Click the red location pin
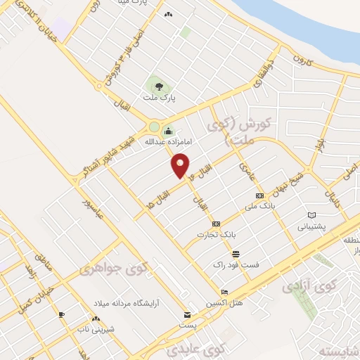(181, 166)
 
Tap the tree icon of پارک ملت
(159, 87)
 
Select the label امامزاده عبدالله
(168, 141)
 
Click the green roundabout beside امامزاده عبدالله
(153, 127)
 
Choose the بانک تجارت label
(215, 234)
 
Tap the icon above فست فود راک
(236, 254)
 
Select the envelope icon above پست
(187, 314)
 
